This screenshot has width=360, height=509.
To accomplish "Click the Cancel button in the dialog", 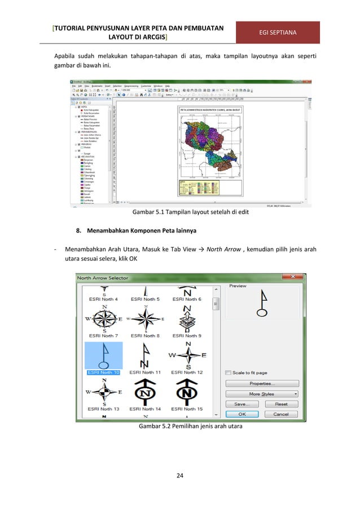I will click(281, 414).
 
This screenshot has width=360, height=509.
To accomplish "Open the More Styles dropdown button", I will click(262, 393).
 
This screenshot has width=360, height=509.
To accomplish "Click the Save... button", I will click(243, 404).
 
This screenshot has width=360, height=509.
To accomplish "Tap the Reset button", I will click(281, 404).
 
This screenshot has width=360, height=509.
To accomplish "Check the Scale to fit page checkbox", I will click(228, 373).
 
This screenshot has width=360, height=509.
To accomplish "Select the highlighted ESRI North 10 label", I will click(103, 372).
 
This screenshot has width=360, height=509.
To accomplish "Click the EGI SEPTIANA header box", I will click(278, 33).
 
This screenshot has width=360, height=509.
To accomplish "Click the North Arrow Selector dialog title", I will click(103, 278).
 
